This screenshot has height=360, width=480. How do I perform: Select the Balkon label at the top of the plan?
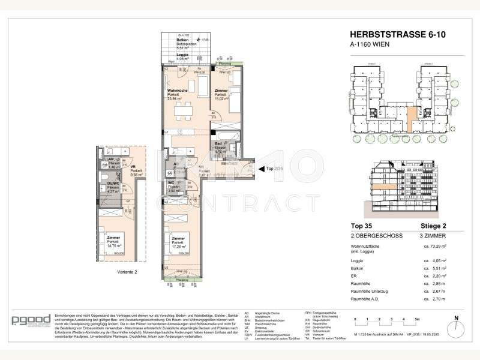point(175,40)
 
